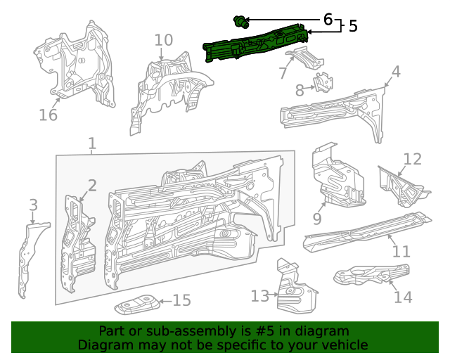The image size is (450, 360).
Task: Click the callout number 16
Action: (x=48, y=114)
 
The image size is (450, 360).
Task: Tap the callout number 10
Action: (x=163, y=40)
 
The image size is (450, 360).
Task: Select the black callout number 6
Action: (x=328, y=20)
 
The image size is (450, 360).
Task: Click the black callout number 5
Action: (x=352, y=26)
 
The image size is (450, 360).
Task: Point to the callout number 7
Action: (x=283, y=73)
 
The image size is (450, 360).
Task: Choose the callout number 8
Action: (x=300, y=90)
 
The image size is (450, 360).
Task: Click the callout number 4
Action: (x=396, y=72)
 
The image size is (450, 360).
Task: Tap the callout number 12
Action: (x=412, y=159)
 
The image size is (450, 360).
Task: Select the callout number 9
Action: (x=317, y=219)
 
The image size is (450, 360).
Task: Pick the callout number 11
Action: (x=401, y=251)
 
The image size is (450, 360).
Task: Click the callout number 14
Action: (x=403, y=297)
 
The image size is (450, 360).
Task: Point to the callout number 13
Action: (x=260, y=296)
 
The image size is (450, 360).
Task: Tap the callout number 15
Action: (x=181, y=301)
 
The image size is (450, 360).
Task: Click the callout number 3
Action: (x=33, y=205)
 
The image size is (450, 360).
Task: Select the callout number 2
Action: (x=92, y=186)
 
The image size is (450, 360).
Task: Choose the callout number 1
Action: (x=92, y=145)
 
